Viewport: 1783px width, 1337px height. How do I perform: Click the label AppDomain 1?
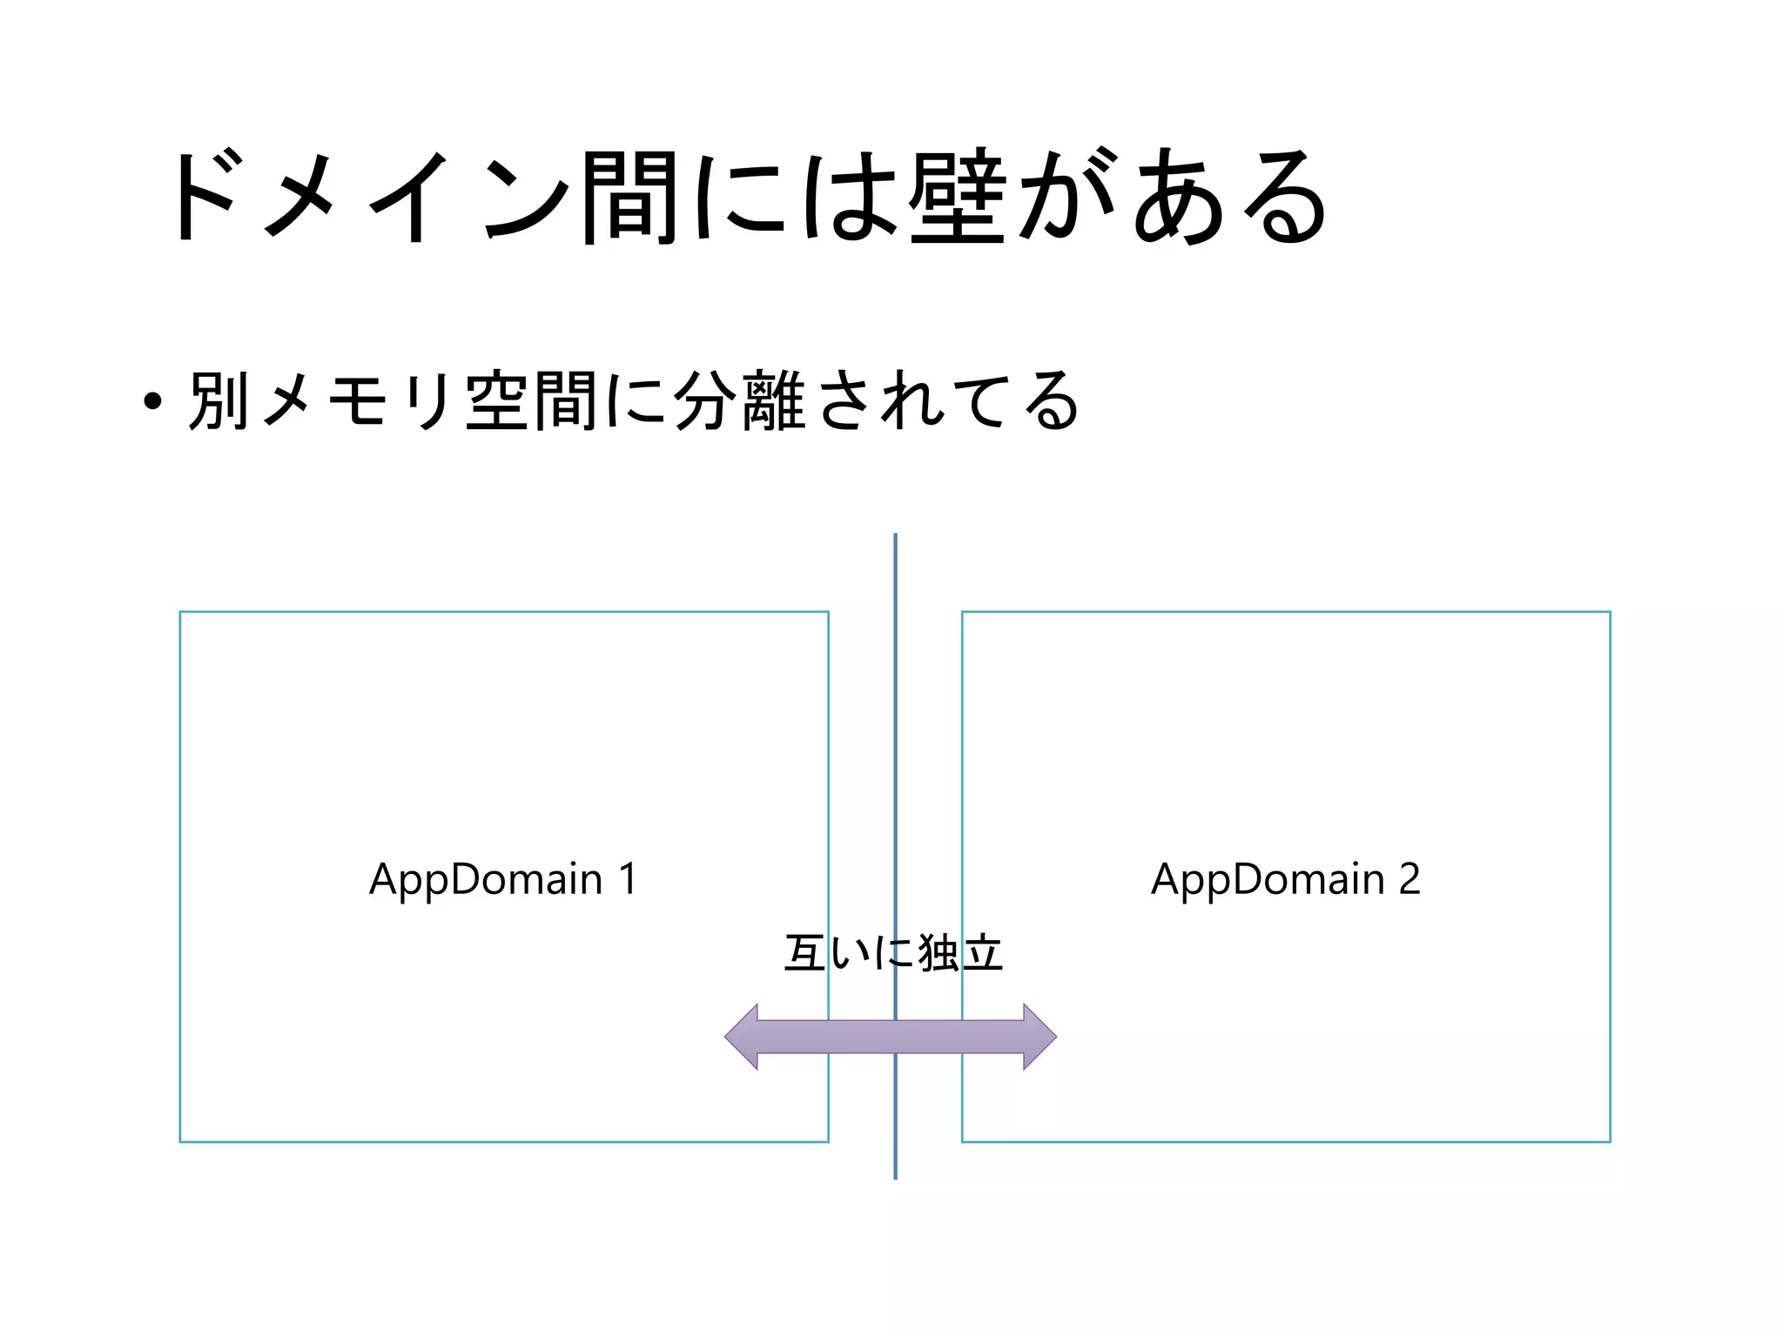[x=503, y=879]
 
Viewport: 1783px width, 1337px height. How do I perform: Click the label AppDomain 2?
[x=1285, y=879]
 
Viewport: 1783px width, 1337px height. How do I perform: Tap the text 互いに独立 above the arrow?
[x=893, y=953]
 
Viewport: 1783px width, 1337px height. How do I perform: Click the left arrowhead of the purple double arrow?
[x=743, y=1037]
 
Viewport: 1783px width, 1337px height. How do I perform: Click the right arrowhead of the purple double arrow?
[x=1039, y=1037]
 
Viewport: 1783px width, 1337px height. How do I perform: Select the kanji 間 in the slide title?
[x=629, y=196]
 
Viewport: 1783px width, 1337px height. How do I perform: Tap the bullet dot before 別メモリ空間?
[x=152, y=402]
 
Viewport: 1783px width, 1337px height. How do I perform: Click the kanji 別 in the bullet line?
[x=219, y=400]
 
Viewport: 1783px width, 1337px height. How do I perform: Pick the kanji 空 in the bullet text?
[x=497, y=400]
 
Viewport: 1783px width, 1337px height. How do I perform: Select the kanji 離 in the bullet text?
[x=774, y=400]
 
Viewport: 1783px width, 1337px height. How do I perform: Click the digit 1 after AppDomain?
[x=628, y=879]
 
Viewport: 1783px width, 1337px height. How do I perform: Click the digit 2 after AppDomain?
[x=1410, y=879]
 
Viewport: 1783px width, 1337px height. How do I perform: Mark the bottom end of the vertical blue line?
[x=895, y=1177]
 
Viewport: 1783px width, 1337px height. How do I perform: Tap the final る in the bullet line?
[x=1051, y=400]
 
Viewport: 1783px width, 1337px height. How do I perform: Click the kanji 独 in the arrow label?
[x=938, y=953]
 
